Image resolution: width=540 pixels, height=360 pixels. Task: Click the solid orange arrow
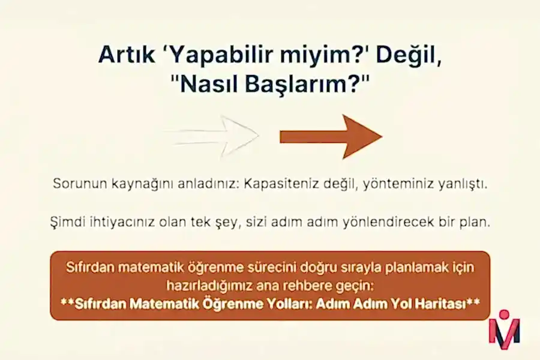tap(331, 136)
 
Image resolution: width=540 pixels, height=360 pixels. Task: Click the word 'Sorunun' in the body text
tap(77, 183)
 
